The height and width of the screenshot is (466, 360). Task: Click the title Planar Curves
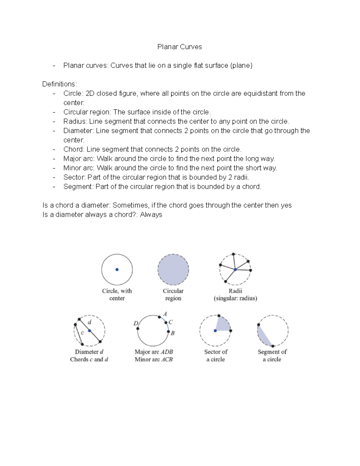(179, 47)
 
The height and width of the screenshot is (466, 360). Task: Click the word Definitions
(59, 84)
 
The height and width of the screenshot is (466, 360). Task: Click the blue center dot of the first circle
(117, 269)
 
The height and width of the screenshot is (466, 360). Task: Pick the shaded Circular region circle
(173, 269)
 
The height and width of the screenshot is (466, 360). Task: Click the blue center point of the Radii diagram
(235, 269)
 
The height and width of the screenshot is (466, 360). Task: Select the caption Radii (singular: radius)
(235, 294)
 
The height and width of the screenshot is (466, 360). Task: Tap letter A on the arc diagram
(165, 314)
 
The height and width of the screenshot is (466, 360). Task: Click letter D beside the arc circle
(136, 323)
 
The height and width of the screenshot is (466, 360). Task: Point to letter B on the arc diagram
(172, 333)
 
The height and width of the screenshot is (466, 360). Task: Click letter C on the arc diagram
(170, 322)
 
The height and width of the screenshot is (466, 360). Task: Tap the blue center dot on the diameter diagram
(89, 331)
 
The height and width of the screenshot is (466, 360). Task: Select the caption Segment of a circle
(272, 355)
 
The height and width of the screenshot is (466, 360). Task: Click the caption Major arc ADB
(154, 352)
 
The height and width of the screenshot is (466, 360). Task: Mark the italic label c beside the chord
(82, 332)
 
